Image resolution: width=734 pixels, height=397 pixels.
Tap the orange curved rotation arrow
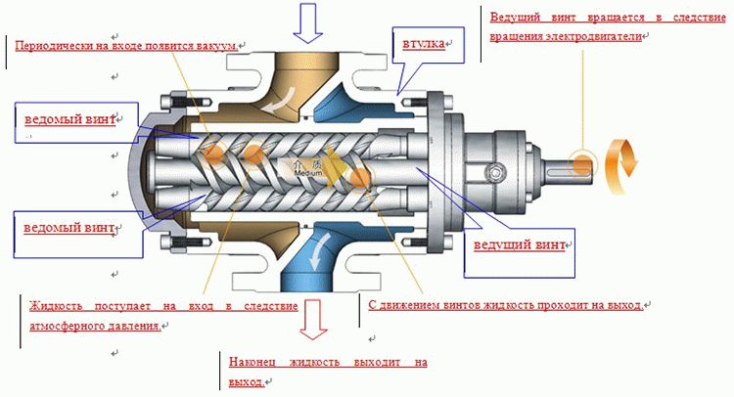pyautogui.click(x=620, y=160)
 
